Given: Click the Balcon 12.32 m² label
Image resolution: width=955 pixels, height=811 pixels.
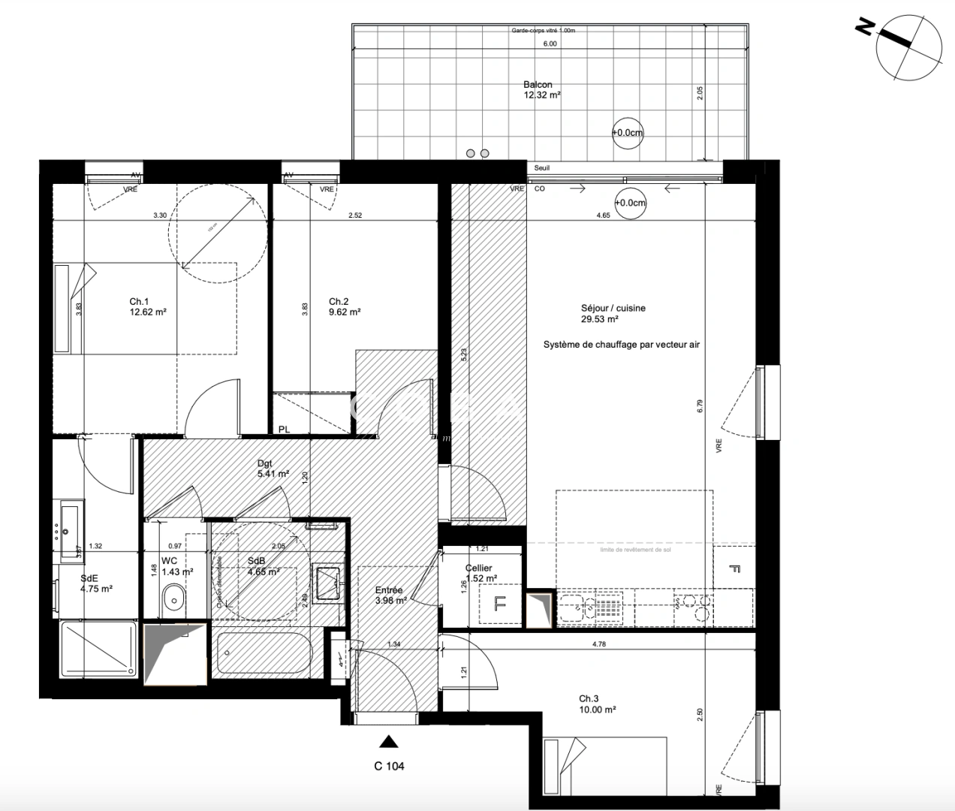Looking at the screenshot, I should point(541,90).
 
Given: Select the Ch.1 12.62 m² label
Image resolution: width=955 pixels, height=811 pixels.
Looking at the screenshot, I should point(147,306).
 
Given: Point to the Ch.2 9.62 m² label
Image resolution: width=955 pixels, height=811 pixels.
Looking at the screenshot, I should point(345,306).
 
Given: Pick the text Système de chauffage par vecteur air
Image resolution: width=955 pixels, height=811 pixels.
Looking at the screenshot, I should point(621,345).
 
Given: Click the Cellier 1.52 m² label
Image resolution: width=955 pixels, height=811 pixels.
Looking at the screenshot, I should point(481,573).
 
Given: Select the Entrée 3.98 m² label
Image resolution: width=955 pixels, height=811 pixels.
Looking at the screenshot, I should point(390,595).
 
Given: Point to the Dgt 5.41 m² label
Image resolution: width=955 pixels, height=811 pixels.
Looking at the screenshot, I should point(273,469).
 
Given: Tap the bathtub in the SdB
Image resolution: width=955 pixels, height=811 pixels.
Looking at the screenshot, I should point(262,653).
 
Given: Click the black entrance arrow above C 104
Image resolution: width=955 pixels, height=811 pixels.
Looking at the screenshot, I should point(387,742).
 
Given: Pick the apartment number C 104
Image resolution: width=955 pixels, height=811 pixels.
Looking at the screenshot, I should point(389,766).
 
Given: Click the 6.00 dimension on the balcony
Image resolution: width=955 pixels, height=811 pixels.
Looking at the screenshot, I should point(550,44).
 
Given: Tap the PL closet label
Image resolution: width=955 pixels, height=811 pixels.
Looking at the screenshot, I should point(284,430).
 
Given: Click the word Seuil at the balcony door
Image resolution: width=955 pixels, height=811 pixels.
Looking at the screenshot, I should point(541,168).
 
